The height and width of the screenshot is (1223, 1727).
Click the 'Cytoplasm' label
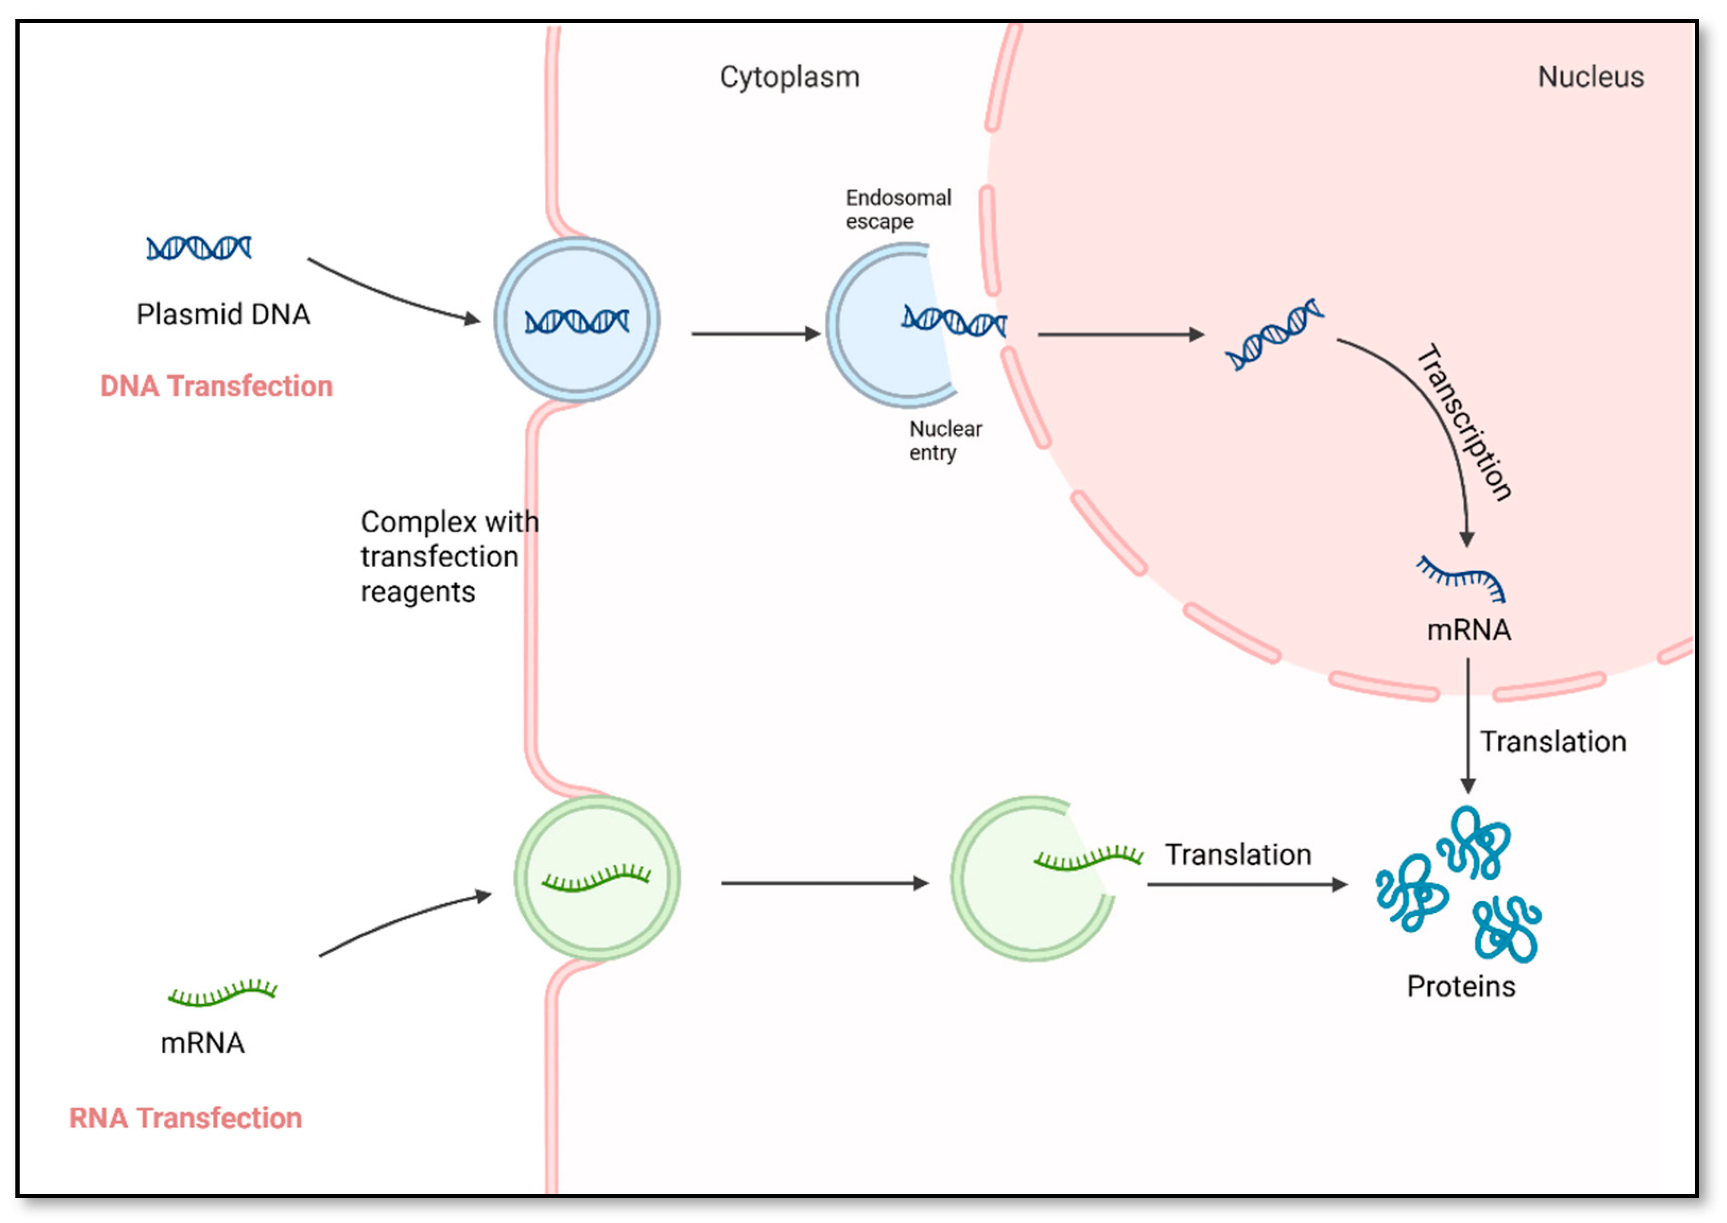point(789,77)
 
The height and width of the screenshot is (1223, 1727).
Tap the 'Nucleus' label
point(1590,77)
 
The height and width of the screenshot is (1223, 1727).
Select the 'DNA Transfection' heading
point(216,386)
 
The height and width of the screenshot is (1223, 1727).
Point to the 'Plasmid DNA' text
point(223,314)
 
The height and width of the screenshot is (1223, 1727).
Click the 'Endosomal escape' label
point(898,209)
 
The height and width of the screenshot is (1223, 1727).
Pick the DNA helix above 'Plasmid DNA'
point(199,248)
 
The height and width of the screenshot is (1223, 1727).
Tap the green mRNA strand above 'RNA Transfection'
point(222,993)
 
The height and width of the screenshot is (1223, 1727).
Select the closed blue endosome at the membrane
point(576,320)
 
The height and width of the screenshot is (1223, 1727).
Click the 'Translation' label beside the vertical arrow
point(1553,742)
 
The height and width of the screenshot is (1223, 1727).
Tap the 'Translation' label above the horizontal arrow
point(1238,855)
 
